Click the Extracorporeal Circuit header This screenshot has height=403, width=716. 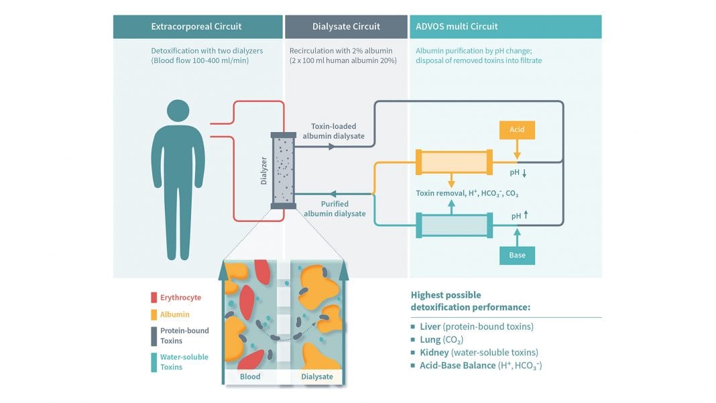point(196,27)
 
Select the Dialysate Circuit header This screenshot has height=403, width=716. point(346,27)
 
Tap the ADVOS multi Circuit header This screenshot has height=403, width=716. point(457,27)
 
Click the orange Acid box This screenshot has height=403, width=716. point(517,129)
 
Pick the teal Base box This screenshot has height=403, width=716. point(517,255)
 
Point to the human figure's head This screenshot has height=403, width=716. point(178,111)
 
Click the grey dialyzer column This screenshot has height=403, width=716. point(283,170)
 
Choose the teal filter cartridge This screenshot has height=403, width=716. point(455,225)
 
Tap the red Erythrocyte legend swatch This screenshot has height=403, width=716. point(154,298)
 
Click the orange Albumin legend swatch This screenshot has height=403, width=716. point(154,314)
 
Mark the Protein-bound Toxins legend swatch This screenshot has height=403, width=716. point(154,335)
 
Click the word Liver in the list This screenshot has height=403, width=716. point(430,327)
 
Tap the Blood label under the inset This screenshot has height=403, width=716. point(250,377)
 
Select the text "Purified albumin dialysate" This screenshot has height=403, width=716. point(335,209)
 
